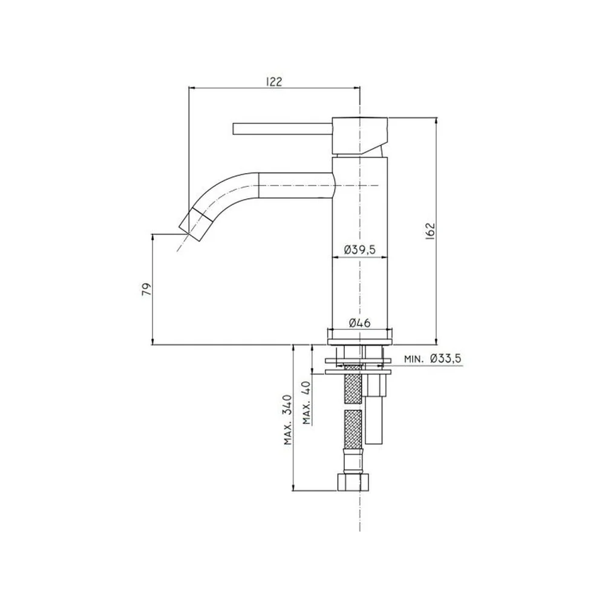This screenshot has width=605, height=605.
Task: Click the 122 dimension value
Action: click(274, 82)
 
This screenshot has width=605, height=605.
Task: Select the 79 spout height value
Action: click(146, 289)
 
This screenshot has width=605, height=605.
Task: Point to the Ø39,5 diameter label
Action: click(359, 250)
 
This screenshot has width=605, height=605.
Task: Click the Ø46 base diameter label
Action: click(359, 322)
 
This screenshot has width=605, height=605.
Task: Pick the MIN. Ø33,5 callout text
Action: click(433, 359)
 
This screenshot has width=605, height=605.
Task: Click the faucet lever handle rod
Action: click(283, 129)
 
